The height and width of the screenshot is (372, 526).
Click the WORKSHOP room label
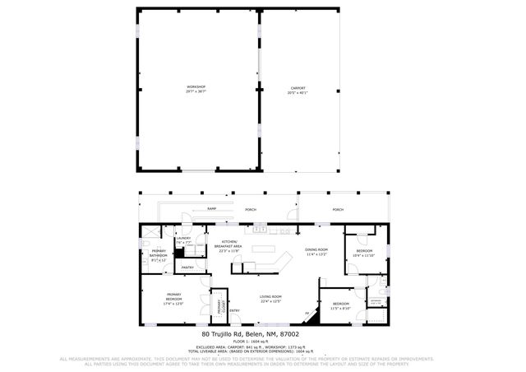(196, 87)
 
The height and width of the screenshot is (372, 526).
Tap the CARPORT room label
(298, 87)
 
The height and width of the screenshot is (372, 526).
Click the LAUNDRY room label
(182, 238)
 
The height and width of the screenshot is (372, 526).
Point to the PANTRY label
(187, 267)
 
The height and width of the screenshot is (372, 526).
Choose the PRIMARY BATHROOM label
(158, 253)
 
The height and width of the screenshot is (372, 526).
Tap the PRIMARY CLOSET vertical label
(219, 307)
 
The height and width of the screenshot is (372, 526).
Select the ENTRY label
(234, 310)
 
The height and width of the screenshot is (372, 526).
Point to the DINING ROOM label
(316, 249)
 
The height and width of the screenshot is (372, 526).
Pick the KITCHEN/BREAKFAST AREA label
(228, 244)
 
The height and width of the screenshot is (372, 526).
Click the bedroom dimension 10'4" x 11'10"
(363, 256)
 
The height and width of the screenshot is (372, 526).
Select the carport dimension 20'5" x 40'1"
(298, 93)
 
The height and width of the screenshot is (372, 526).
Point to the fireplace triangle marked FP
(307, 314)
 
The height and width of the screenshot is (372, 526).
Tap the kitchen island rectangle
(264, 248)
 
